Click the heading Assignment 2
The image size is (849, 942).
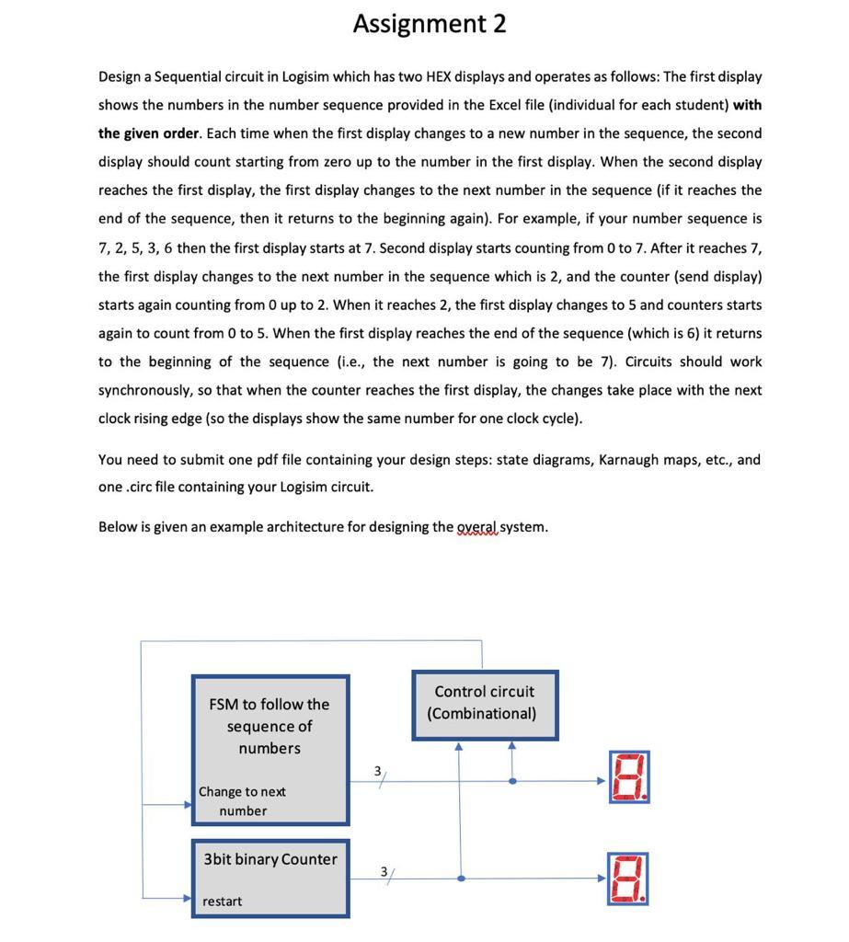(x=430, y=24)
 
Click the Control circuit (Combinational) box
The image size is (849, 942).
(x=484, y=703)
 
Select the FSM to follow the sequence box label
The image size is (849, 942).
(x=269, y=726)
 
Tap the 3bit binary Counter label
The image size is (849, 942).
(x=270, y=859)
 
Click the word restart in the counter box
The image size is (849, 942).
(x=222, y=902)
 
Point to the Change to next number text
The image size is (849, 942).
(x=243, y=800)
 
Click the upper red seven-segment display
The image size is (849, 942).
(x=628, y=777)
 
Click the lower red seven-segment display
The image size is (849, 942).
(x=628, y=878)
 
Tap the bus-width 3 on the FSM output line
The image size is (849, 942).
(x=377, y=770)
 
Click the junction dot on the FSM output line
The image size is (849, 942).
(x=512, y=781)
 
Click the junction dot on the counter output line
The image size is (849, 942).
(x=460, y=879)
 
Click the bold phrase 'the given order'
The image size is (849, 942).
(x=148, y=133)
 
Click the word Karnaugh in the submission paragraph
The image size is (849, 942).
(x=629, y=459)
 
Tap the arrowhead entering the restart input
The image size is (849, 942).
(x=188, y=899)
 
